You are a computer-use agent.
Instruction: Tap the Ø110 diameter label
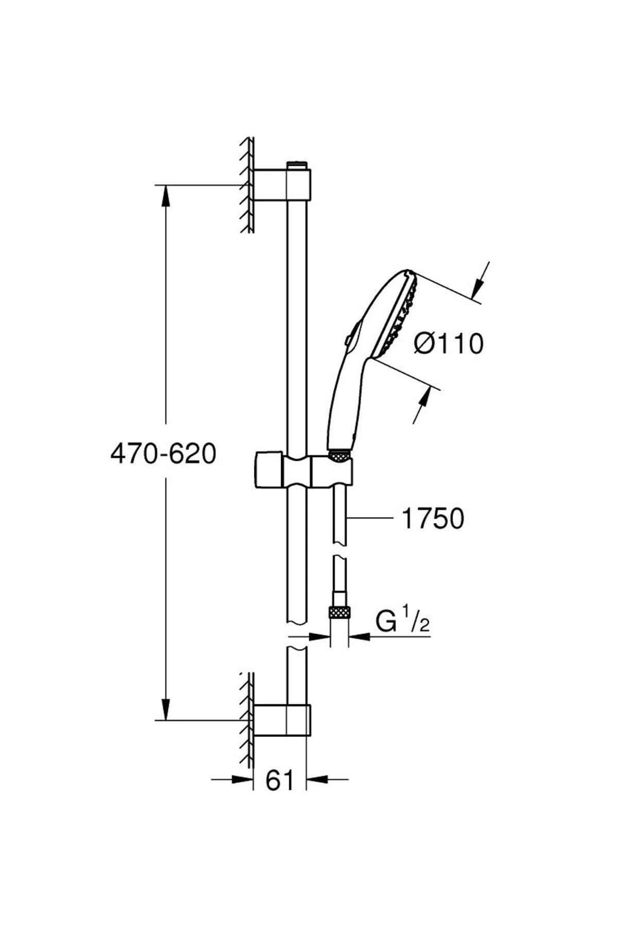[x=449, y=344]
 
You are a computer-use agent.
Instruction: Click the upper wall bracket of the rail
[x=282, y=184]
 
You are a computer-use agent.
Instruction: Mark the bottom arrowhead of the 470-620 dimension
[x=165, y=710]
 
